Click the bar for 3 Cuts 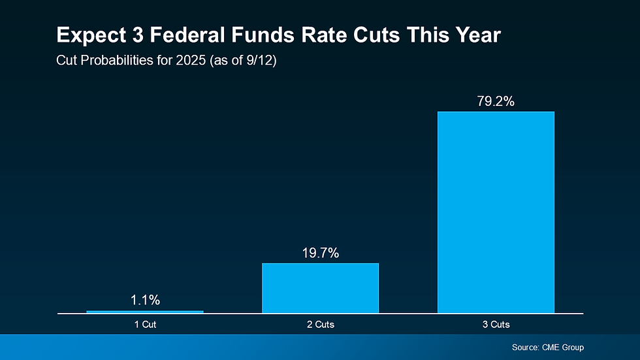[496, 212]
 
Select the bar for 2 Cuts [320, 288]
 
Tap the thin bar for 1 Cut [145, 312]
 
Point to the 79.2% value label [496, 102]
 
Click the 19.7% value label [320, 254]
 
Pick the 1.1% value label [145, 301]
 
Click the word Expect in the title [86, 35]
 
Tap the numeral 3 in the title [129, 35]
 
